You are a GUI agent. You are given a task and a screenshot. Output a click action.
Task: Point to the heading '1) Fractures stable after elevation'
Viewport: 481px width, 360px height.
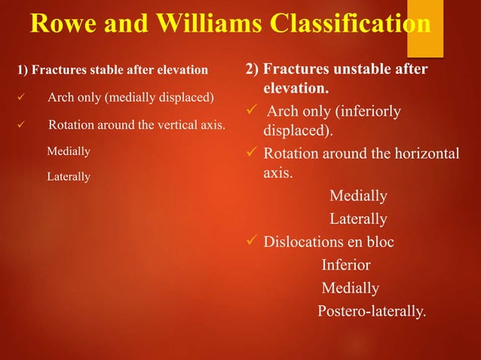pos(112,70)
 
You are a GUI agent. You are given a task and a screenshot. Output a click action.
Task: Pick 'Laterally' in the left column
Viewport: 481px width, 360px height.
pos(69,177)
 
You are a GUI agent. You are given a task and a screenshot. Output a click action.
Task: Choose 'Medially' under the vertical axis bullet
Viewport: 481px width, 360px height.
pos(69,151)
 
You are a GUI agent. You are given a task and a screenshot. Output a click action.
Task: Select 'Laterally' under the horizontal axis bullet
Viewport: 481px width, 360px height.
pos(358,219)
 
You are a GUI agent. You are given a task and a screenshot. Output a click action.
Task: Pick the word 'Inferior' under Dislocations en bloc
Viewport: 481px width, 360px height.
pos(346,265)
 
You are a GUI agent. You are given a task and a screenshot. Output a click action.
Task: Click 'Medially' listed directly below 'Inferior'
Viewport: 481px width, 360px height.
pos(350,288)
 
